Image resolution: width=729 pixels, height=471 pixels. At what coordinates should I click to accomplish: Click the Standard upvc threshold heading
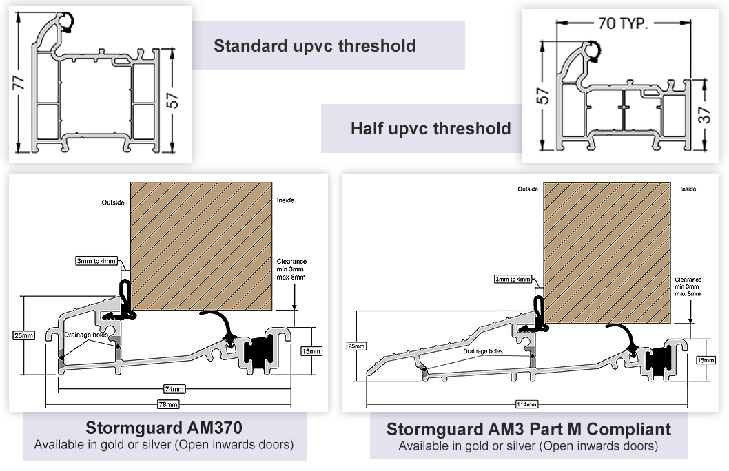pos(315,46)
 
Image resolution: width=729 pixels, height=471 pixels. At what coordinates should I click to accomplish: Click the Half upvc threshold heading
pos(431,128)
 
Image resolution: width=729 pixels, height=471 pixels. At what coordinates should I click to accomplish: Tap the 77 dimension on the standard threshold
pos(19,82)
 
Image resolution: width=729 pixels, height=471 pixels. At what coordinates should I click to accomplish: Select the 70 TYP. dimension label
pos(622,23)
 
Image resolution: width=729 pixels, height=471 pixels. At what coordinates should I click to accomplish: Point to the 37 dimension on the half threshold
pos(705,115)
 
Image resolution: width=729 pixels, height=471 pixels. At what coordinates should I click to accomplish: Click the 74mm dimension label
pos(174,389)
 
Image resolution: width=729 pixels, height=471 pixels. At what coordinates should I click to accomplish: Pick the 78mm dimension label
pos(168,405)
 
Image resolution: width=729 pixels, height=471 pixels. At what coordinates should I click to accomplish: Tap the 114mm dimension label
pos(526,405)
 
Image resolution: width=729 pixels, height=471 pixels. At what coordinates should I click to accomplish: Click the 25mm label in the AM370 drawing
pos(23,335)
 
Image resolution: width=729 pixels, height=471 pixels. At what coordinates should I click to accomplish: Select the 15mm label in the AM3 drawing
pos(706,360)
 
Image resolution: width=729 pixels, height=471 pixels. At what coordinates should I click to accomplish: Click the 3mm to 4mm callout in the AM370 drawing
pos(96,261)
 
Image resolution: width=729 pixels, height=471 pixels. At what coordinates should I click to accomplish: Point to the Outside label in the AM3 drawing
pos(528,189)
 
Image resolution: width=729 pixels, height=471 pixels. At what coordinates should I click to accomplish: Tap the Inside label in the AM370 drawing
pos(285,200)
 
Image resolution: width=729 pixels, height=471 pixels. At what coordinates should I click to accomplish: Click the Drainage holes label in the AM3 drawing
pos(482,351)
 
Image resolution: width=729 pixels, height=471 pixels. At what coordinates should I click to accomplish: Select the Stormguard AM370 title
pos(164,428)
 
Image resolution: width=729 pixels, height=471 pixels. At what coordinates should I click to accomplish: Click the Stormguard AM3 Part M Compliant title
pos(528,429)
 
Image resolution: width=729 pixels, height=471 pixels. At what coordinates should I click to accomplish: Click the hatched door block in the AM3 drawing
pos(607,253)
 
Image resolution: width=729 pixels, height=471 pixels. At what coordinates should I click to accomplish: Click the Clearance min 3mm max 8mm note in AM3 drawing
pos(688,286)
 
